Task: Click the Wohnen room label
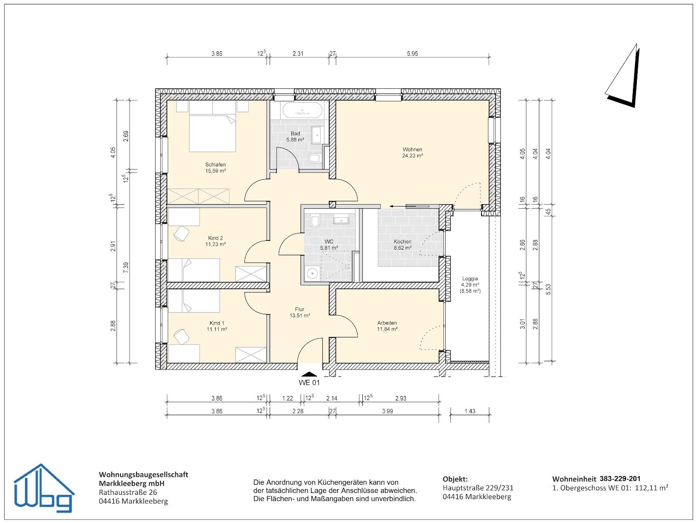[x=412, y=149]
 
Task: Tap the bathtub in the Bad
[x=302, y=110]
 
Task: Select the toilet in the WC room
[x=315, y=221]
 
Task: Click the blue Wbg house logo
[x=43, y=488]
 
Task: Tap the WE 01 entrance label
[x=309, y=383]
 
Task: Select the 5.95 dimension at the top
[x=412, y=53]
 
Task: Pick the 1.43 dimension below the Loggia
[x=470, y=411]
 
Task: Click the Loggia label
[x=470, y=279]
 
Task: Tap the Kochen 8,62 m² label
[x=402, y=245]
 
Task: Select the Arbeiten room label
[x=387, y=323]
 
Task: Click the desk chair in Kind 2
[x=181, y=233]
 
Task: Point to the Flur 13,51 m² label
[x=300, y=312]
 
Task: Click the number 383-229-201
[x=620, y=479]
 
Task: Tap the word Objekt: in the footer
[x=455, y=479]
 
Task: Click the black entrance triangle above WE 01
[x=309, y=374]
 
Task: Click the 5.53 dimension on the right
[x=548, y=289]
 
